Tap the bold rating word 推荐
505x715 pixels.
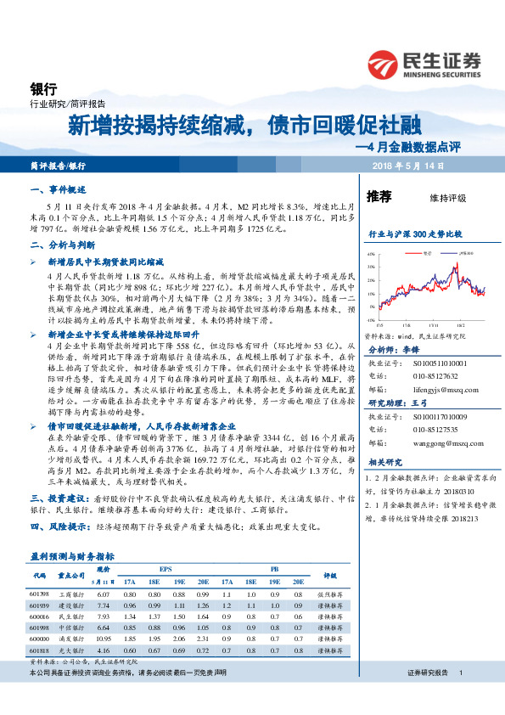(x=378, y=197)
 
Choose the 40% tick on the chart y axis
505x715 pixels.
(x=372, y=254)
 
